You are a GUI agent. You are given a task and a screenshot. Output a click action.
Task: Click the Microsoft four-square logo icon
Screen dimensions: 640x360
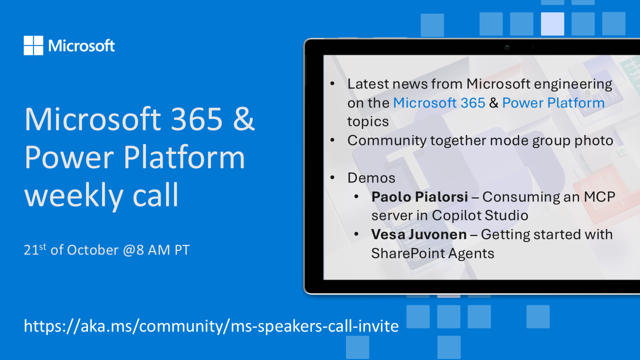(x=33, y=45)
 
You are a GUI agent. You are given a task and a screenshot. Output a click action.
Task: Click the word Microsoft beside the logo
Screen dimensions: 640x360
(x=81, y=45)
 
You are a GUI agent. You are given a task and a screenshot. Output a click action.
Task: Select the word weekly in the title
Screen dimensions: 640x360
(x=73, y=195)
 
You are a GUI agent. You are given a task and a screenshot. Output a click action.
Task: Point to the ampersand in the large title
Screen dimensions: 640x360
(x=243, y=119)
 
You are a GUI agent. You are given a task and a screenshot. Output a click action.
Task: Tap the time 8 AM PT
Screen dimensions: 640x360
(x=163, y=250)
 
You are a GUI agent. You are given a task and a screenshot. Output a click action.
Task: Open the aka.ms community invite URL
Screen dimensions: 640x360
(x=211, y=326)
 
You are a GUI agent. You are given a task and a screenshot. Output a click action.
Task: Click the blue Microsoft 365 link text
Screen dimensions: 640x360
(x=439, y=102)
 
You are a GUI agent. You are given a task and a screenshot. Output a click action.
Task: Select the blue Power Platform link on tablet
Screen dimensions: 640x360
(x=553, y=103)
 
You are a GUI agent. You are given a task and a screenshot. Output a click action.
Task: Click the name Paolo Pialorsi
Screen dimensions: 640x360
(x=419, y=196)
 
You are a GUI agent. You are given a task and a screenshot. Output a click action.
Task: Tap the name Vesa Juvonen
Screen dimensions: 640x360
(x=419, y=234)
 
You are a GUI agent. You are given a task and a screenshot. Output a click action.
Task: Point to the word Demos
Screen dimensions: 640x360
(x=371, y=177)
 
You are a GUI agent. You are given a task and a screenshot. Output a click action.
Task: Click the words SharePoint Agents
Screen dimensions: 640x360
(x=432, y=253)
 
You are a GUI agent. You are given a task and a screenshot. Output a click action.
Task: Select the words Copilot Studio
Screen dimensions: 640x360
(x=479, y=215)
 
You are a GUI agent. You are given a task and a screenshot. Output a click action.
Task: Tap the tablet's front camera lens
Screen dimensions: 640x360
(x=507, y=47)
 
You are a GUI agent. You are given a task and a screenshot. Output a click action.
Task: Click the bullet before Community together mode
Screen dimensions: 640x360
(x=332, y=140)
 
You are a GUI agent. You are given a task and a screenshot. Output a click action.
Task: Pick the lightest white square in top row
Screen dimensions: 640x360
(x=552, y=24)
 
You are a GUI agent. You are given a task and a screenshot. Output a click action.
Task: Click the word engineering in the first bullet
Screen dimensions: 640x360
(x=573, y=84)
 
